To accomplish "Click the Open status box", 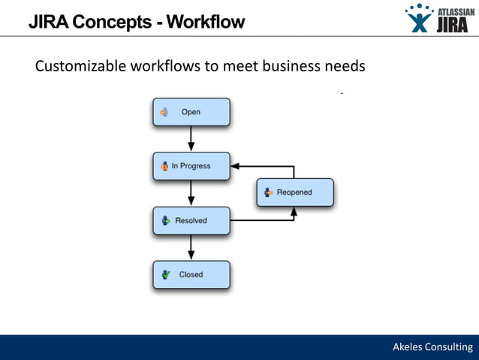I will click(x=191, y=112).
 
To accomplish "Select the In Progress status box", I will click(x=191, y=166).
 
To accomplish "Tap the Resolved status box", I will click(x=191, y=220).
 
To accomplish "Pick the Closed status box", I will click(x=191, y=274).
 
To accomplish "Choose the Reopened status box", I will click(x=294, y=192).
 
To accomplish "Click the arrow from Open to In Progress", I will click(x=191, y=139).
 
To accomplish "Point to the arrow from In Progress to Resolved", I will click(x=191, y=193).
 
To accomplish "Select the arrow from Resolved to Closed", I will click(x=191, y=247).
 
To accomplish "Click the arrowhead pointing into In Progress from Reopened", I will click(x=235, y=166).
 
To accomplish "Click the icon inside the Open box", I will click(x=164, y=112).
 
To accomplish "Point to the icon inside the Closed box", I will click(x=164, y=274).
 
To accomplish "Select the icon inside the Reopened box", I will click(x=268, y=192).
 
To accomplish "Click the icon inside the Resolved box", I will click(x=164, y=220).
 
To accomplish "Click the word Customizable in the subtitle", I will click(x=80, y=66).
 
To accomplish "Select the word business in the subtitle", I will click(x=292, y=66).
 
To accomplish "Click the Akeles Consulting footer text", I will click(x=433, y=346).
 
